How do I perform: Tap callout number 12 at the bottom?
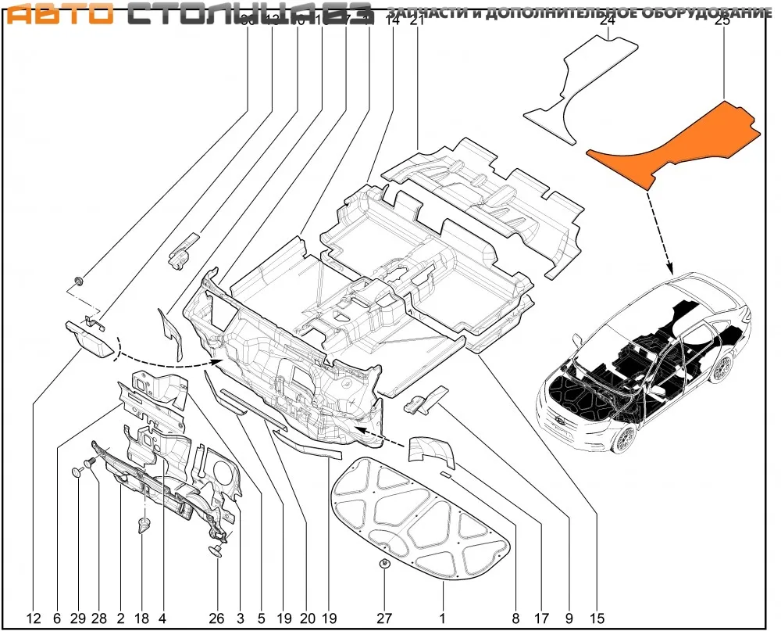(x=34, y=618)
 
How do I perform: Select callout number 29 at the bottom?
(x=77, y=618)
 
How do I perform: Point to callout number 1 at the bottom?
(x=441, y=618)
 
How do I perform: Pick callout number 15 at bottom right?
(x=597, y=618)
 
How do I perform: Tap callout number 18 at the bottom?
(x=141, y=618)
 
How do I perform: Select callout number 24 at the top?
(x=608, y=21)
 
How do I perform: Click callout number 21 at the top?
(x=416, y=21)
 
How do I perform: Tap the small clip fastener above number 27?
(x=385, y=564)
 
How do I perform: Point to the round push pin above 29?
(x=77, y=472)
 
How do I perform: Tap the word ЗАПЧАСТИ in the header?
(x=426, y=14)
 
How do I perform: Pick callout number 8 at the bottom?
(x=515, y=618)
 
